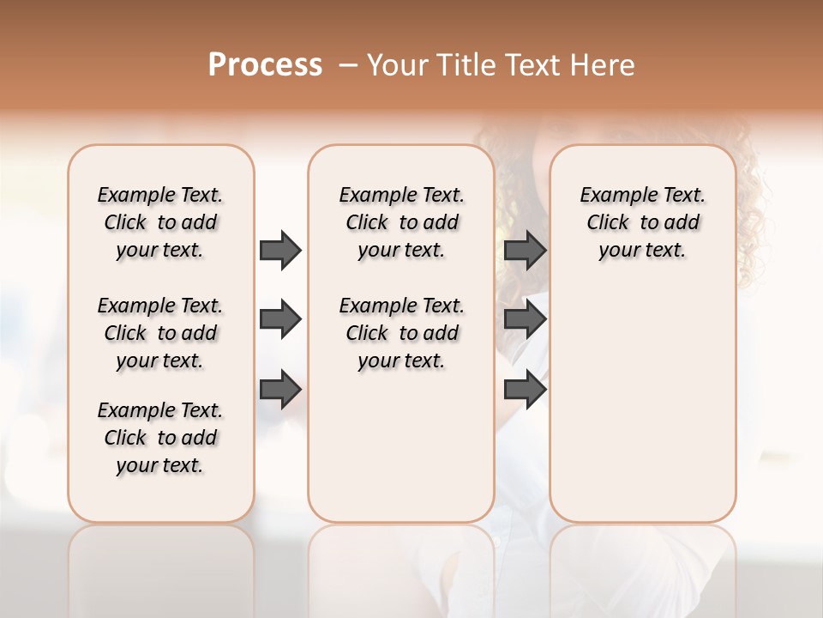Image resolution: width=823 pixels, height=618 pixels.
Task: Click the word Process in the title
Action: coord(265,65)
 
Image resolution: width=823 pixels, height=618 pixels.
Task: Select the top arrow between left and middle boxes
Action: coord(280,250)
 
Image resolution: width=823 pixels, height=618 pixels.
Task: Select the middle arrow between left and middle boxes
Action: coord(280,319)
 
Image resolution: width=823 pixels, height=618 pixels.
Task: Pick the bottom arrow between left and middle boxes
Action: coord(280,389)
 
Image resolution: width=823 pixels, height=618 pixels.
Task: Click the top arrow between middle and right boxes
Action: coord(525,250)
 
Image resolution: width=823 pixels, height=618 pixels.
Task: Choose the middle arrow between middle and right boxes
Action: coord(525,319)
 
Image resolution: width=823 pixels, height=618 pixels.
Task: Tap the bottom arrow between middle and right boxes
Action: coord(525,389)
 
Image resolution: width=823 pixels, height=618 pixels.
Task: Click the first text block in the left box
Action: coord(160,222)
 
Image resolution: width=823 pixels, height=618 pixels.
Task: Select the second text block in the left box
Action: coord(160,333)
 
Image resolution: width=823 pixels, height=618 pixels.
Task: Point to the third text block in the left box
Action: coord(160,438)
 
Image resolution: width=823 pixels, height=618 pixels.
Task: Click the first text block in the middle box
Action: coord(401,222)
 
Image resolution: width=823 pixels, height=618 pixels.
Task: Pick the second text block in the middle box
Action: coord(401,333)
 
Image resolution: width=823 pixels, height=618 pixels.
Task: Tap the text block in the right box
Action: coord(642,222)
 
